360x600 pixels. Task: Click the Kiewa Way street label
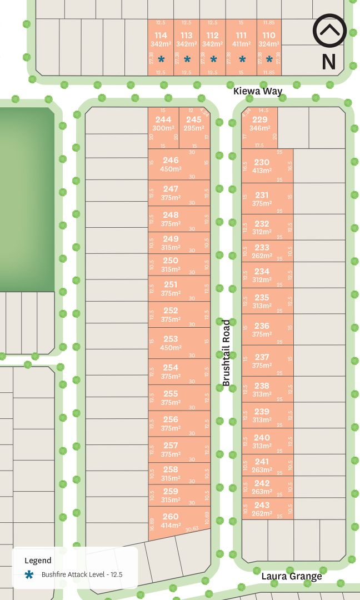point(258,91)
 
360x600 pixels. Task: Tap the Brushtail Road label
point(226,353)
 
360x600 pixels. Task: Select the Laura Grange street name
point(292,576)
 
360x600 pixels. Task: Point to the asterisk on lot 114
point(161,59)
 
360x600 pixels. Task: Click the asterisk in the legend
point(29,575)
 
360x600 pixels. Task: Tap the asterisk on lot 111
point(242,59)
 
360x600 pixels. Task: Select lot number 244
point(163,119)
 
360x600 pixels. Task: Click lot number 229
point(260,119)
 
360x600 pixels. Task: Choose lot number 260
point(171,517)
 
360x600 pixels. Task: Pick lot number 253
point(171,339)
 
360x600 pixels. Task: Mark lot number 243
point(262,505)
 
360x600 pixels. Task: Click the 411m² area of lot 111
point(242,44)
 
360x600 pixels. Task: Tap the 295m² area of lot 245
point(193,128)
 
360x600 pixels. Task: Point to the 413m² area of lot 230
point(262,171)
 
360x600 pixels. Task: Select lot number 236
point(262,326)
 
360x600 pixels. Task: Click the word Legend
point(38,561)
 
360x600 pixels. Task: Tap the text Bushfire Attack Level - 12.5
point(82,575)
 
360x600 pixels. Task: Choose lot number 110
point(269,36)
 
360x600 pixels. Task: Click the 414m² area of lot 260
point(171,526)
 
